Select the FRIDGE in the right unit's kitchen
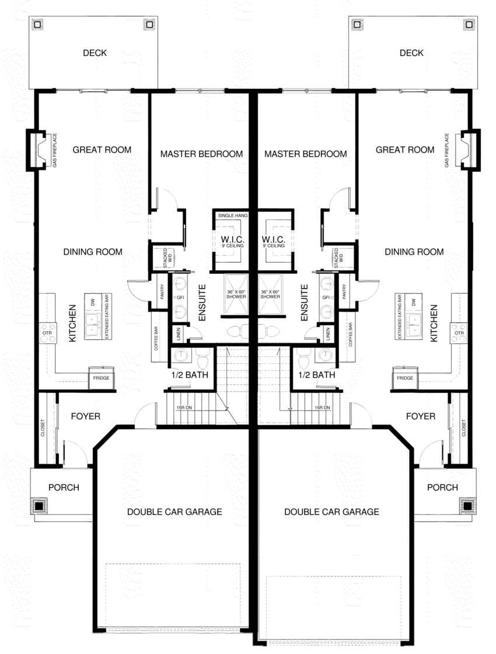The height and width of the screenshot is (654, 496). pyautogui.click(x=405, y=378)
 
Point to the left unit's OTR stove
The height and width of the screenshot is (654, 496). pyautogui.click(x=48, y=333)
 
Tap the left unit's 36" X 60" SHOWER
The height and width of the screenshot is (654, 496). pyautogui.click(x=237, y=294)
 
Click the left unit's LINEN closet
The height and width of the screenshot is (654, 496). pyautogui.click(x=179, y=334)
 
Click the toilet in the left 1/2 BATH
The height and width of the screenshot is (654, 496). pyautogui.click(x=202, y=356)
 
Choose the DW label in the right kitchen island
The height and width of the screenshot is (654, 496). pyautogui.click(x=413, y=302)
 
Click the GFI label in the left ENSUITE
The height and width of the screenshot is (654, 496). pyautogui.click(x=179, y=297)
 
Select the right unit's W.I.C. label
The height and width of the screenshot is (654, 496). pyautogui.click(x=273, y=240)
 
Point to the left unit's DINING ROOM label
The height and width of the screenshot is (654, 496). pyautogui.click(x=93, y=252)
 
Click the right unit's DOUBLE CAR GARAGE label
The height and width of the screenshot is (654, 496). pyautogui.click(x=331, y=512)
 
